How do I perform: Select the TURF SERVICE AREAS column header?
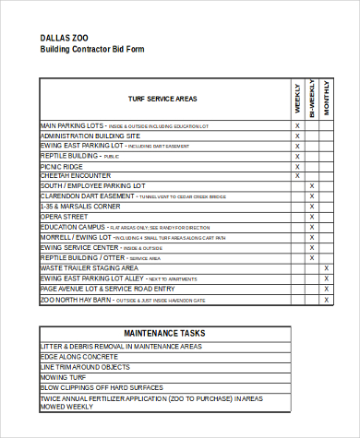pos(162,99)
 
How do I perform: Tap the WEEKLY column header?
pos(297,99)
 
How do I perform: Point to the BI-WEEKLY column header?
pos(312,97)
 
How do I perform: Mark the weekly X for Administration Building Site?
pos(297,136)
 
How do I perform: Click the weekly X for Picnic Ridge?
pos(297,166)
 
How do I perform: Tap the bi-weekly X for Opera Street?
pos(312,217)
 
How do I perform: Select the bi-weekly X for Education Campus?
pos(312,227)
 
